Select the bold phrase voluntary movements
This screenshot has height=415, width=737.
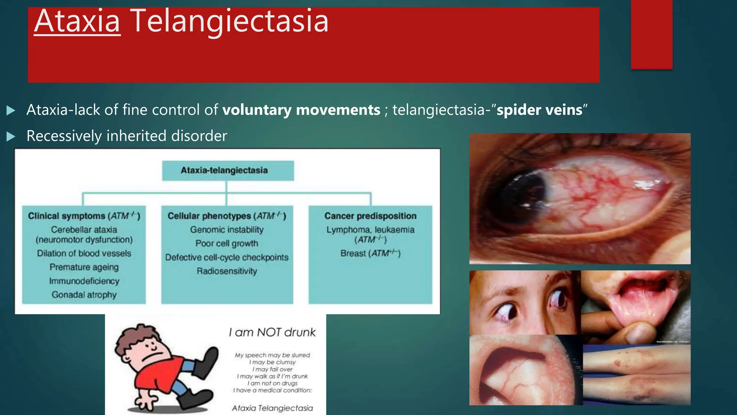pyautogui.click(x=301, y=110)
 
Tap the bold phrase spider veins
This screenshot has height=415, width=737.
pyautogui.click(x=539, y=110)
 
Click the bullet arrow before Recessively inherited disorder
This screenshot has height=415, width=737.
pyautogui.click(x=11, y=136)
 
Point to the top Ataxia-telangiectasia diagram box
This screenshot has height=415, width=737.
pyautogui.click(x=228, y=170)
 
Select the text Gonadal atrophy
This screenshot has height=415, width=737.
pyautogui.click(x=84, y=295)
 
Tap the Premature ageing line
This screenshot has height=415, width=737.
pyautogui.click(x=84, y=267)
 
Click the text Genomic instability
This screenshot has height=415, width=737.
pyautogui.click(x=227, y=230)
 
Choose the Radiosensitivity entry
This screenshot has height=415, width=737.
pyautogui.click(x=227, y=271)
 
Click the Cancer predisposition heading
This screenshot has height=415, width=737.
pyautogui.click(x=370, y=216)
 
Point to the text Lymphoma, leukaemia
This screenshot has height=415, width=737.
pyautogui.click(x=370, y=230)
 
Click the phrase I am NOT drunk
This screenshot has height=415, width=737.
pyautogui.click(x=272, y=332)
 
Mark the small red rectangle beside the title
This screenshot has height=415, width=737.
pyautogui.click(x=651, y=34)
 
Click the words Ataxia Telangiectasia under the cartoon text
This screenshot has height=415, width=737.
pyautogui.click(x=272, y=408)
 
